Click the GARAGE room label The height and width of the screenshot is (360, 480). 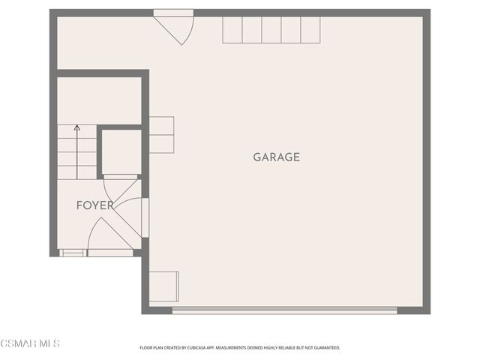(x=276, y=157)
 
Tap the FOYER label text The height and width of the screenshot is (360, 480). (x=95, y=205)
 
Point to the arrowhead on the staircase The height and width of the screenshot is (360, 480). (x=77, y=129)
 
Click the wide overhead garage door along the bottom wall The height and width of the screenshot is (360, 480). (x=284, y=309)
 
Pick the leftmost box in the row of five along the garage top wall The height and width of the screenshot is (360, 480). (x=232, y=30)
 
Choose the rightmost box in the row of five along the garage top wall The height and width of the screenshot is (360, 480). (x=310, y=30)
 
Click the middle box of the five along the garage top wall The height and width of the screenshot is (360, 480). (x=271, y=30)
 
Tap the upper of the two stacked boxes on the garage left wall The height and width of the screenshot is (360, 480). (x=162, y=125)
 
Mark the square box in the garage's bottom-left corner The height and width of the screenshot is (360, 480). (x=163, y=286)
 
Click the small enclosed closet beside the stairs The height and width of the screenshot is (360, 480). (x=121, y=153)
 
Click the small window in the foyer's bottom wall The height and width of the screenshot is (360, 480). (x=72, y=253)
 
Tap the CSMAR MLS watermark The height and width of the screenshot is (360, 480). (x=30, y=343)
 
